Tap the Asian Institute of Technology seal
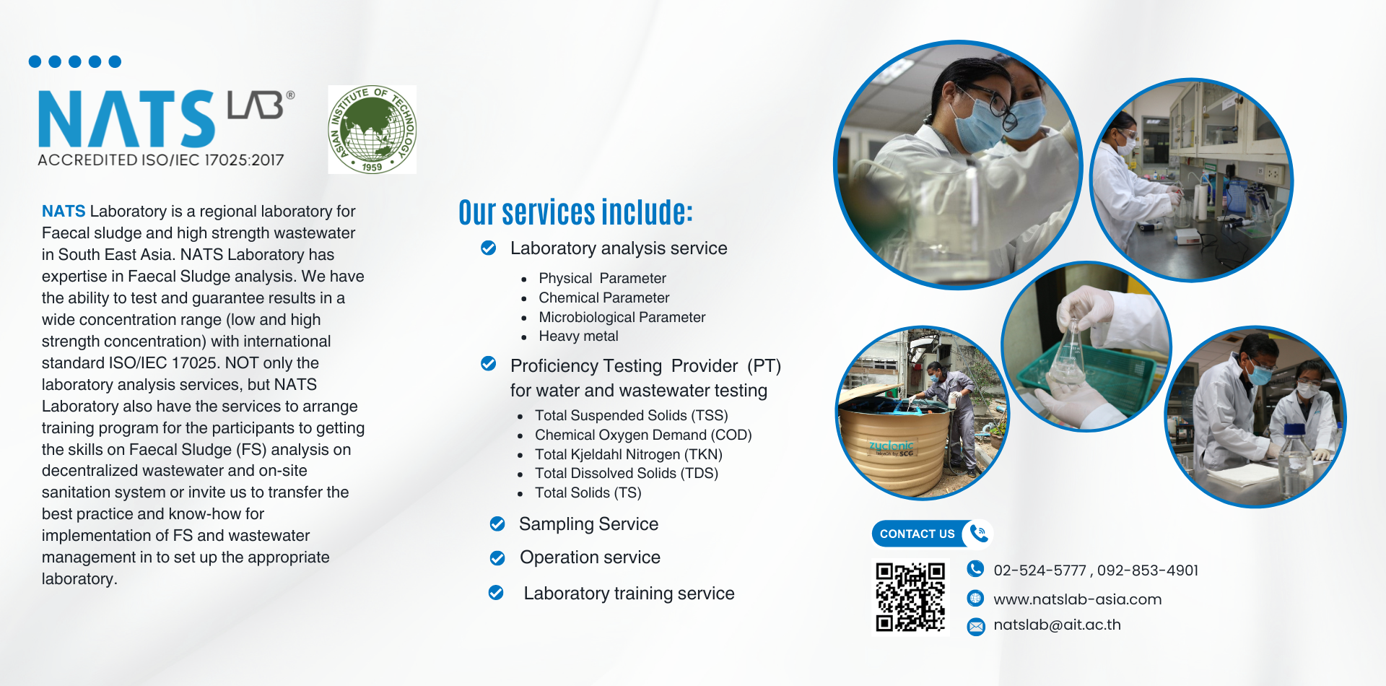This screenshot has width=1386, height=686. tap(372, 129)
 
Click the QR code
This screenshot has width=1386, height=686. tap(910, 597)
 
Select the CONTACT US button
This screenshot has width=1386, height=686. tap(932, 534)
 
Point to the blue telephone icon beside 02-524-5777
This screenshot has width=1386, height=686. tap(975, 569)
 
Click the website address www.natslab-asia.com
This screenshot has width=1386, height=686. tap(1078, 599)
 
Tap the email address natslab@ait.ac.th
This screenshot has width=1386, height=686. tap(1057, 625)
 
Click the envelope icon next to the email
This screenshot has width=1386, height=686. tap(976, 626)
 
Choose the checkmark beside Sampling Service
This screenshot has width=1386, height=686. tap(497, 524)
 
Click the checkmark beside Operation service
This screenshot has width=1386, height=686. tap(497, 558)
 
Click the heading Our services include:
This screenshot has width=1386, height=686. tap(575, 212)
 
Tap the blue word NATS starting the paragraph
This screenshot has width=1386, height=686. tap(64, 211)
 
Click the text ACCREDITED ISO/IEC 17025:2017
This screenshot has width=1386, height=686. tap(161, 160)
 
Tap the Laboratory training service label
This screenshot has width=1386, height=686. tap(629, 594)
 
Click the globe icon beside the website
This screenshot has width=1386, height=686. tap(975, 598)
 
